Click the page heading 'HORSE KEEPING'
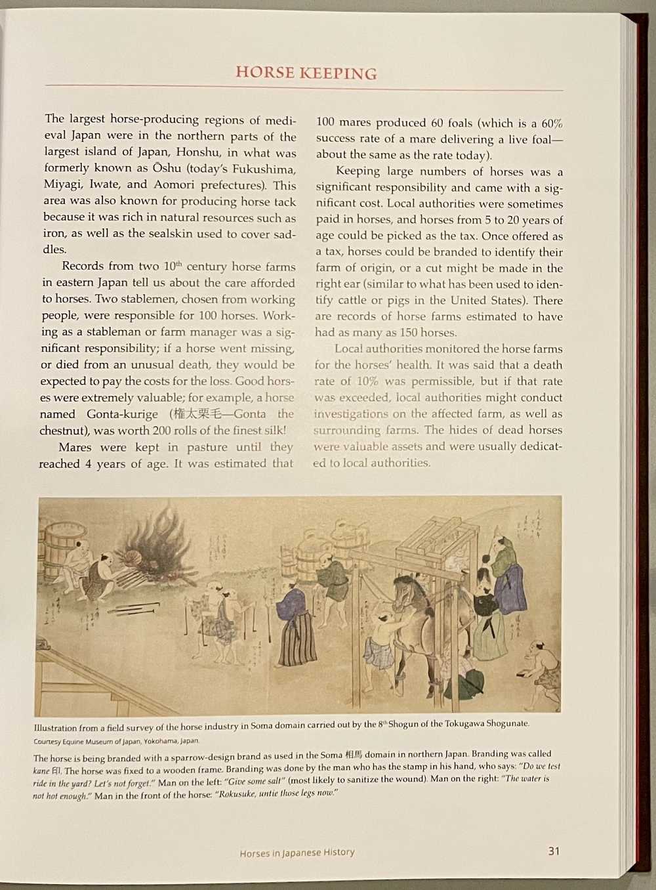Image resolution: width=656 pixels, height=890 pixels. pyautogui.click(x=306, y=72)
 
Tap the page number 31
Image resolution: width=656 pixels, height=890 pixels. pyautogui.click(x=554, y=851)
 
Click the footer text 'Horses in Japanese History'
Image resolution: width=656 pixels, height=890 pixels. pyautogui.click(x=297, y=853)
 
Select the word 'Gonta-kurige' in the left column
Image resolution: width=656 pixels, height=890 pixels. pyautogui.click(x=122, y=414)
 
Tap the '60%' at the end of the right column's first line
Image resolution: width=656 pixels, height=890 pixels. pyautogui.click(x=550, y=123)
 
